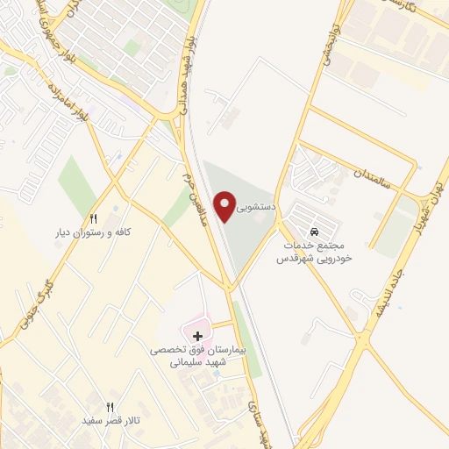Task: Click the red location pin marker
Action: coord(227,206)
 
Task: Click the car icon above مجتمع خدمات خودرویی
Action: coord(314,224)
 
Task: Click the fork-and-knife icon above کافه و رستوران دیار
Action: coord(94,218)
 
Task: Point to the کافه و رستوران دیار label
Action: coord(93,232)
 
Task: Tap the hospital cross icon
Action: coord(198,335)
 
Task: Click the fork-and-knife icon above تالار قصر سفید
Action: coord(110,407)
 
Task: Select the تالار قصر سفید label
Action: coord(110,421)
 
